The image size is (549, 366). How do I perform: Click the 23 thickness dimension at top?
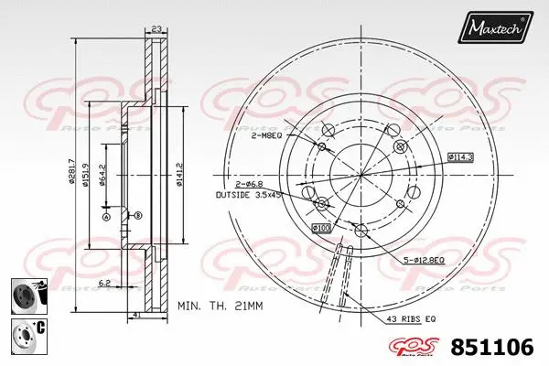pos(156,29)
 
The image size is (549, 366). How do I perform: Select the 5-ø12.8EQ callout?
pos(425,262)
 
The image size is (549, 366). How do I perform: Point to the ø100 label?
pos(321,226)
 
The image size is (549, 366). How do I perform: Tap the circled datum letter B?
pos(137,215)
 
